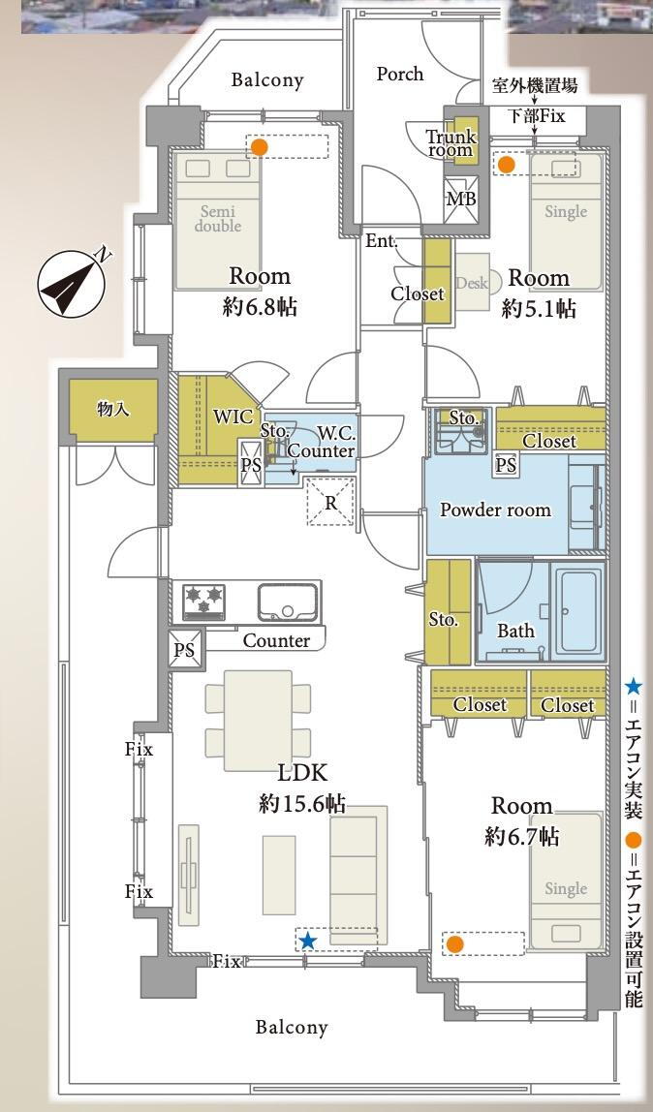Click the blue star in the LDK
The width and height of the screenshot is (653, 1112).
tap(307, 941)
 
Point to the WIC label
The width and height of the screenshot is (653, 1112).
tap(233, 417)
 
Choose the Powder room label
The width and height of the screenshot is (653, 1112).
tap(495, 510)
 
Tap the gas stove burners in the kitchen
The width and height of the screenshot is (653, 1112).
tap(203, 602)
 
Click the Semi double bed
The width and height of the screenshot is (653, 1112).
tap(217, 221)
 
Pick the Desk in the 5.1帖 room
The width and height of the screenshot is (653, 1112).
tap(472, 282)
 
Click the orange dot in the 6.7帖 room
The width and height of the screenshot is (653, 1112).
tap(455, 944)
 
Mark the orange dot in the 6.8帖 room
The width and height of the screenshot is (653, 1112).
tap(260, 147)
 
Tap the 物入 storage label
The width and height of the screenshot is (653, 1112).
tap(113, 409)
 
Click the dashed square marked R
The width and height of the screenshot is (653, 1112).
tap(330, 502)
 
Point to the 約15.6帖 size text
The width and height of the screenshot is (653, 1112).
tap(302, 804)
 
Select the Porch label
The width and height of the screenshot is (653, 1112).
tap(400, 74)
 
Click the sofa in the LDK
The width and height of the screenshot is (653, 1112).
tap(358, 875)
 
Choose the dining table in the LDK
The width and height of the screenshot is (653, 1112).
tap(258, 721)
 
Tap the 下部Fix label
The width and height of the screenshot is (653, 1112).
tap(536, 115)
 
